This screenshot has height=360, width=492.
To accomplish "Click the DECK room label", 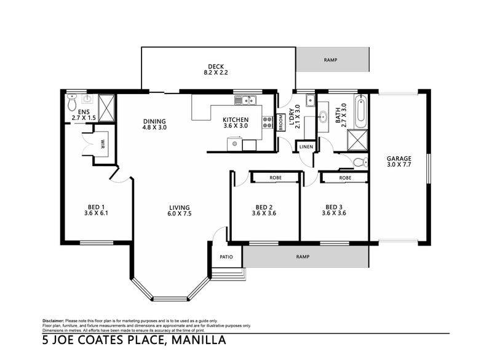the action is tap(216, 66).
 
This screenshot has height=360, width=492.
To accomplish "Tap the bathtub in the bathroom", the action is tap(361, 111).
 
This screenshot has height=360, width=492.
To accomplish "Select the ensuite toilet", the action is tap(72, 102).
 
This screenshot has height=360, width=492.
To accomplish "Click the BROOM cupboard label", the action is tap(281, 122).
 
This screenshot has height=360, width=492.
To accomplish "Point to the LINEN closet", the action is tap(306, 146).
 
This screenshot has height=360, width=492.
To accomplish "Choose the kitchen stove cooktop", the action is tap(268, 122).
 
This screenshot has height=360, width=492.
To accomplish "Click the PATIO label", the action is tap(226, 257).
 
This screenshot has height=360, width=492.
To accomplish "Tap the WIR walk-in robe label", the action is tap(103, 144).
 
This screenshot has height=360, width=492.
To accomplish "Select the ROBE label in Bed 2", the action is tap(276, 178).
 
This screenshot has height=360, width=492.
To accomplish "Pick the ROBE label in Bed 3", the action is tap(345, 178).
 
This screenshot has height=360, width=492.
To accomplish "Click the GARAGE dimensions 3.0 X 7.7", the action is tap(399, 164).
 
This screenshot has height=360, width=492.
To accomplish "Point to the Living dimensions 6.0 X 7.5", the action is tap(180, 214).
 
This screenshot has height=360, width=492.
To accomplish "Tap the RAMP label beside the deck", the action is tap(330, 60).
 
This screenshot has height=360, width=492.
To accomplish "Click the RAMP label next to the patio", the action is tap(303, 257).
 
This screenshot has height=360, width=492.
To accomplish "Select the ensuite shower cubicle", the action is tap(106, 107).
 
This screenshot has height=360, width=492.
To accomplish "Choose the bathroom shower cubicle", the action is tap(357, 140).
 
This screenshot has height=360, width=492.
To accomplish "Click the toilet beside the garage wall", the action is tap(360, 162).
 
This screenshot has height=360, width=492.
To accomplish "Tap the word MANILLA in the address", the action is tap(199, 340).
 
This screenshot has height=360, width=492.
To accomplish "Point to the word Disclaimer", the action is tap(54, 321).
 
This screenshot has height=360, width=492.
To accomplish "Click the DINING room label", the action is tap(154, 121).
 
